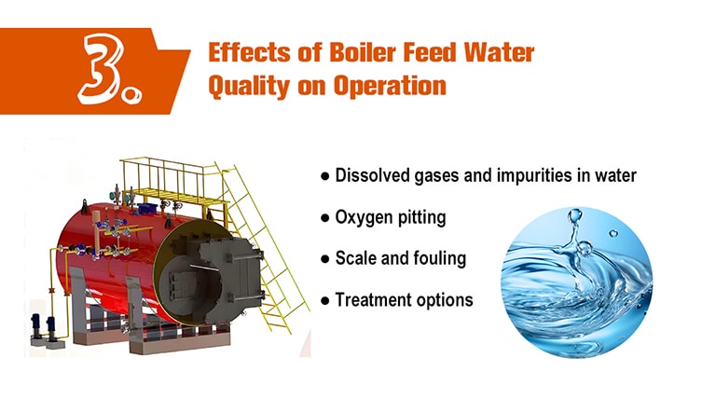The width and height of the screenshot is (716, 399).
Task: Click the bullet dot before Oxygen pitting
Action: (x=324, y=218)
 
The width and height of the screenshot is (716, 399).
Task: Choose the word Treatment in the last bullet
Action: (x=372, y=300)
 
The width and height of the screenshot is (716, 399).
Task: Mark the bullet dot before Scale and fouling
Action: (x=324, y=259)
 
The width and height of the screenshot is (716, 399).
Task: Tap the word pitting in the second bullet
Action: (x=422, y=218)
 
